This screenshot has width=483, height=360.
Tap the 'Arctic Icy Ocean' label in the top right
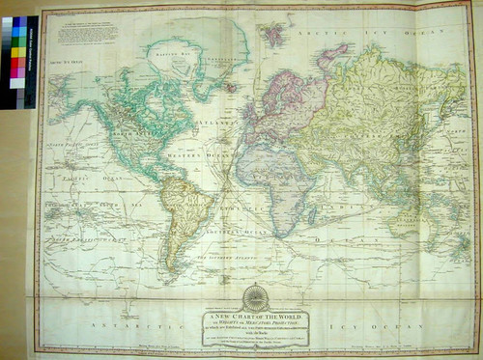377,32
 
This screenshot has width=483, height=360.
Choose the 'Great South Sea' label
77,205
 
